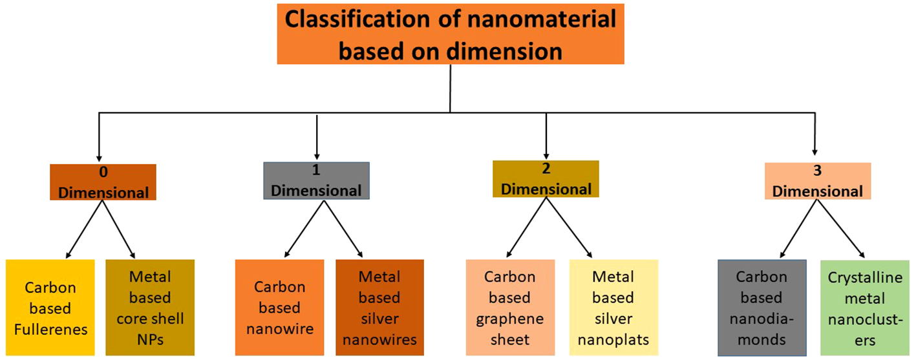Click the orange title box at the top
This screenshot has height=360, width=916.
(x=451, y=33)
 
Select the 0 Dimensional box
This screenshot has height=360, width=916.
(x=103, y=182)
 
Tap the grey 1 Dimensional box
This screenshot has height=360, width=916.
(x=316, y=181)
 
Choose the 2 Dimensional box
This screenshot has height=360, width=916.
(x=546, y=179)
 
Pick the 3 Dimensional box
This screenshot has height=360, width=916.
(x=817, y=181)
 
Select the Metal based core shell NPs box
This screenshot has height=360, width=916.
(x=150, y=308)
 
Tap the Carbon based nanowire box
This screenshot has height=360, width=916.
(x=279, y=308)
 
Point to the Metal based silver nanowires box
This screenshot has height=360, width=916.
(x=379, y=308)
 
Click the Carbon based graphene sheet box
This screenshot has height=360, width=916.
(x=510, y=308)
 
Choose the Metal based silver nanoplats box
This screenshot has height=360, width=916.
(x=613, y=308)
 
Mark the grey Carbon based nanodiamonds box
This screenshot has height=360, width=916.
(x=762, y=308)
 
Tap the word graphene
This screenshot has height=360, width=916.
(x=510, y=319)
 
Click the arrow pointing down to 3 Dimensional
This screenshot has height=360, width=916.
(x=814, y=136)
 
